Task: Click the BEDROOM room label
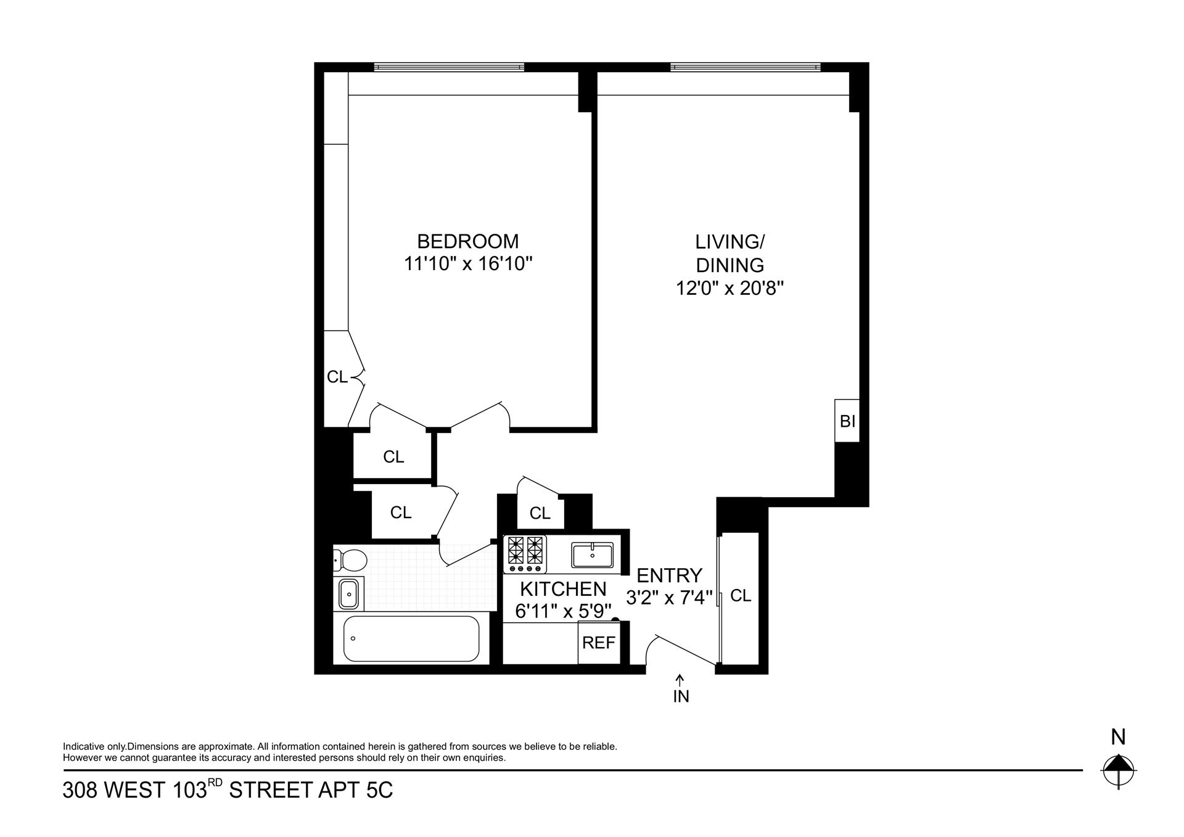click(x=468, y=241)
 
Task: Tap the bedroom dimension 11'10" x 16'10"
click(x=468, y=264)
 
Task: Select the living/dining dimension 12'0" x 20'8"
click(x=730, y=289)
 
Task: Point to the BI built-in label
click(x=847, y=421)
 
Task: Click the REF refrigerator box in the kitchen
click(x=599, y=643)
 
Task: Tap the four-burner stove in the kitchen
click(x=525, y=553)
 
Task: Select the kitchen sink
click(x=592, y=555)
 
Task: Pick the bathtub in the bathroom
click(x=411, y=638)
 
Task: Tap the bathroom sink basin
click(x=348, y=594)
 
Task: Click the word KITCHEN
click(x=563, y=589)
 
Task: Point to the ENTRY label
click(x=669, y=575)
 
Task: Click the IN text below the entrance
click(x=681, y=696)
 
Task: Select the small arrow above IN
click(x=680, y=680)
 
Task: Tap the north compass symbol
click(x=1118, y=771)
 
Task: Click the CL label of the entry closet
click(x=741, y=596)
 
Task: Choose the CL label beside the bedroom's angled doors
click(x=337, y=377)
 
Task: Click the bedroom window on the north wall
click(x=449, y=67)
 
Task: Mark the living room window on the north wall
click(x=745, y=67)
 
